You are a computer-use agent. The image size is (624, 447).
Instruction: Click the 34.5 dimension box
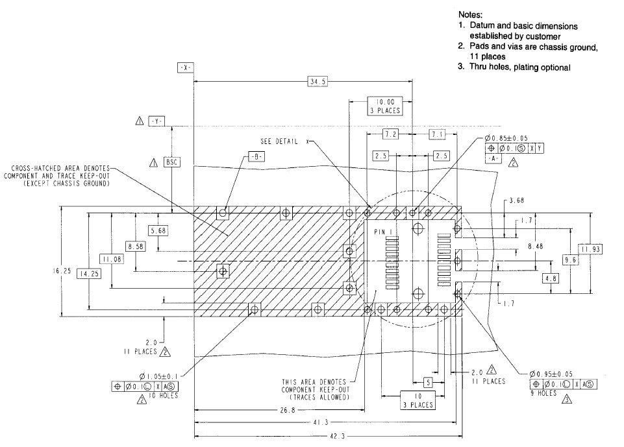[318, 82]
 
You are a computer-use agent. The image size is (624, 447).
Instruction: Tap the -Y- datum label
[156, 121]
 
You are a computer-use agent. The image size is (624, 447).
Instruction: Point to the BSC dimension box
[172, 162]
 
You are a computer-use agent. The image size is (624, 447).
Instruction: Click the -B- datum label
[256, 157]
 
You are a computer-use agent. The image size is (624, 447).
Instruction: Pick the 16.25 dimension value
[62, 271]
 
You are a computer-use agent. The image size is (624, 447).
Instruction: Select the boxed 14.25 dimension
[89, 274]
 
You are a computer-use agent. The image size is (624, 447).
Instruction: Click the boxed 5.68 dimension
[158, 231]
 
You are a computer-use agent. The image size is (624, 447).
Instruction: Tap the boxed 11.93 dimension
[590, 249]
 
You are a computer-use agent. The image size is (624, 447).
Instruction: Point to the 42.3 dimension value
[337, 436]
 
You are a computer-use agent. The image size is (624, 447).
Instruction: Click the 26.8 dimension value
[288, 410]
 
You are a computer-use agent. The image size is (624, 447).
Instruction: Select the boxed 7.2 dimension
[390, 134]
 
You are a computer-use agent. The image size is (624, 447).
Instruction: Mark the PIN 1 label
[383, 232]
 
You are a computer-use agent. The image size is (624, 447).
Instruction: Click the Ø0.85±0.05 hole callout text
[506, 138]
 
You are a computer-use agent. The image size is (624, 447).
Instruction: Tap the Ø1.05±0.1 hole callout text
[159, 376]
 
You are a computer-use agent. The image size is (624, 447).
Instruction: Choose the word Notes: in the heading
[470, 15]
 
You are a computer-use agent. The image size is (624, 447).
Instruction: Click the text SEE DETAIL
[279, 141]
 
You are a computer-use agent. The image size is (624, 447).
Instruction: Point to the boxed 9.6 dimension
[570, 260]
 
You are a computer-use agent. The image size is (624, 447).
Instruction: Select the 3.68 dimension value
[517, 200]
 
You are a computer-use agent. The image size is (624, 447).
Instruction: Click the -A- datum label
[493, 158]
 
